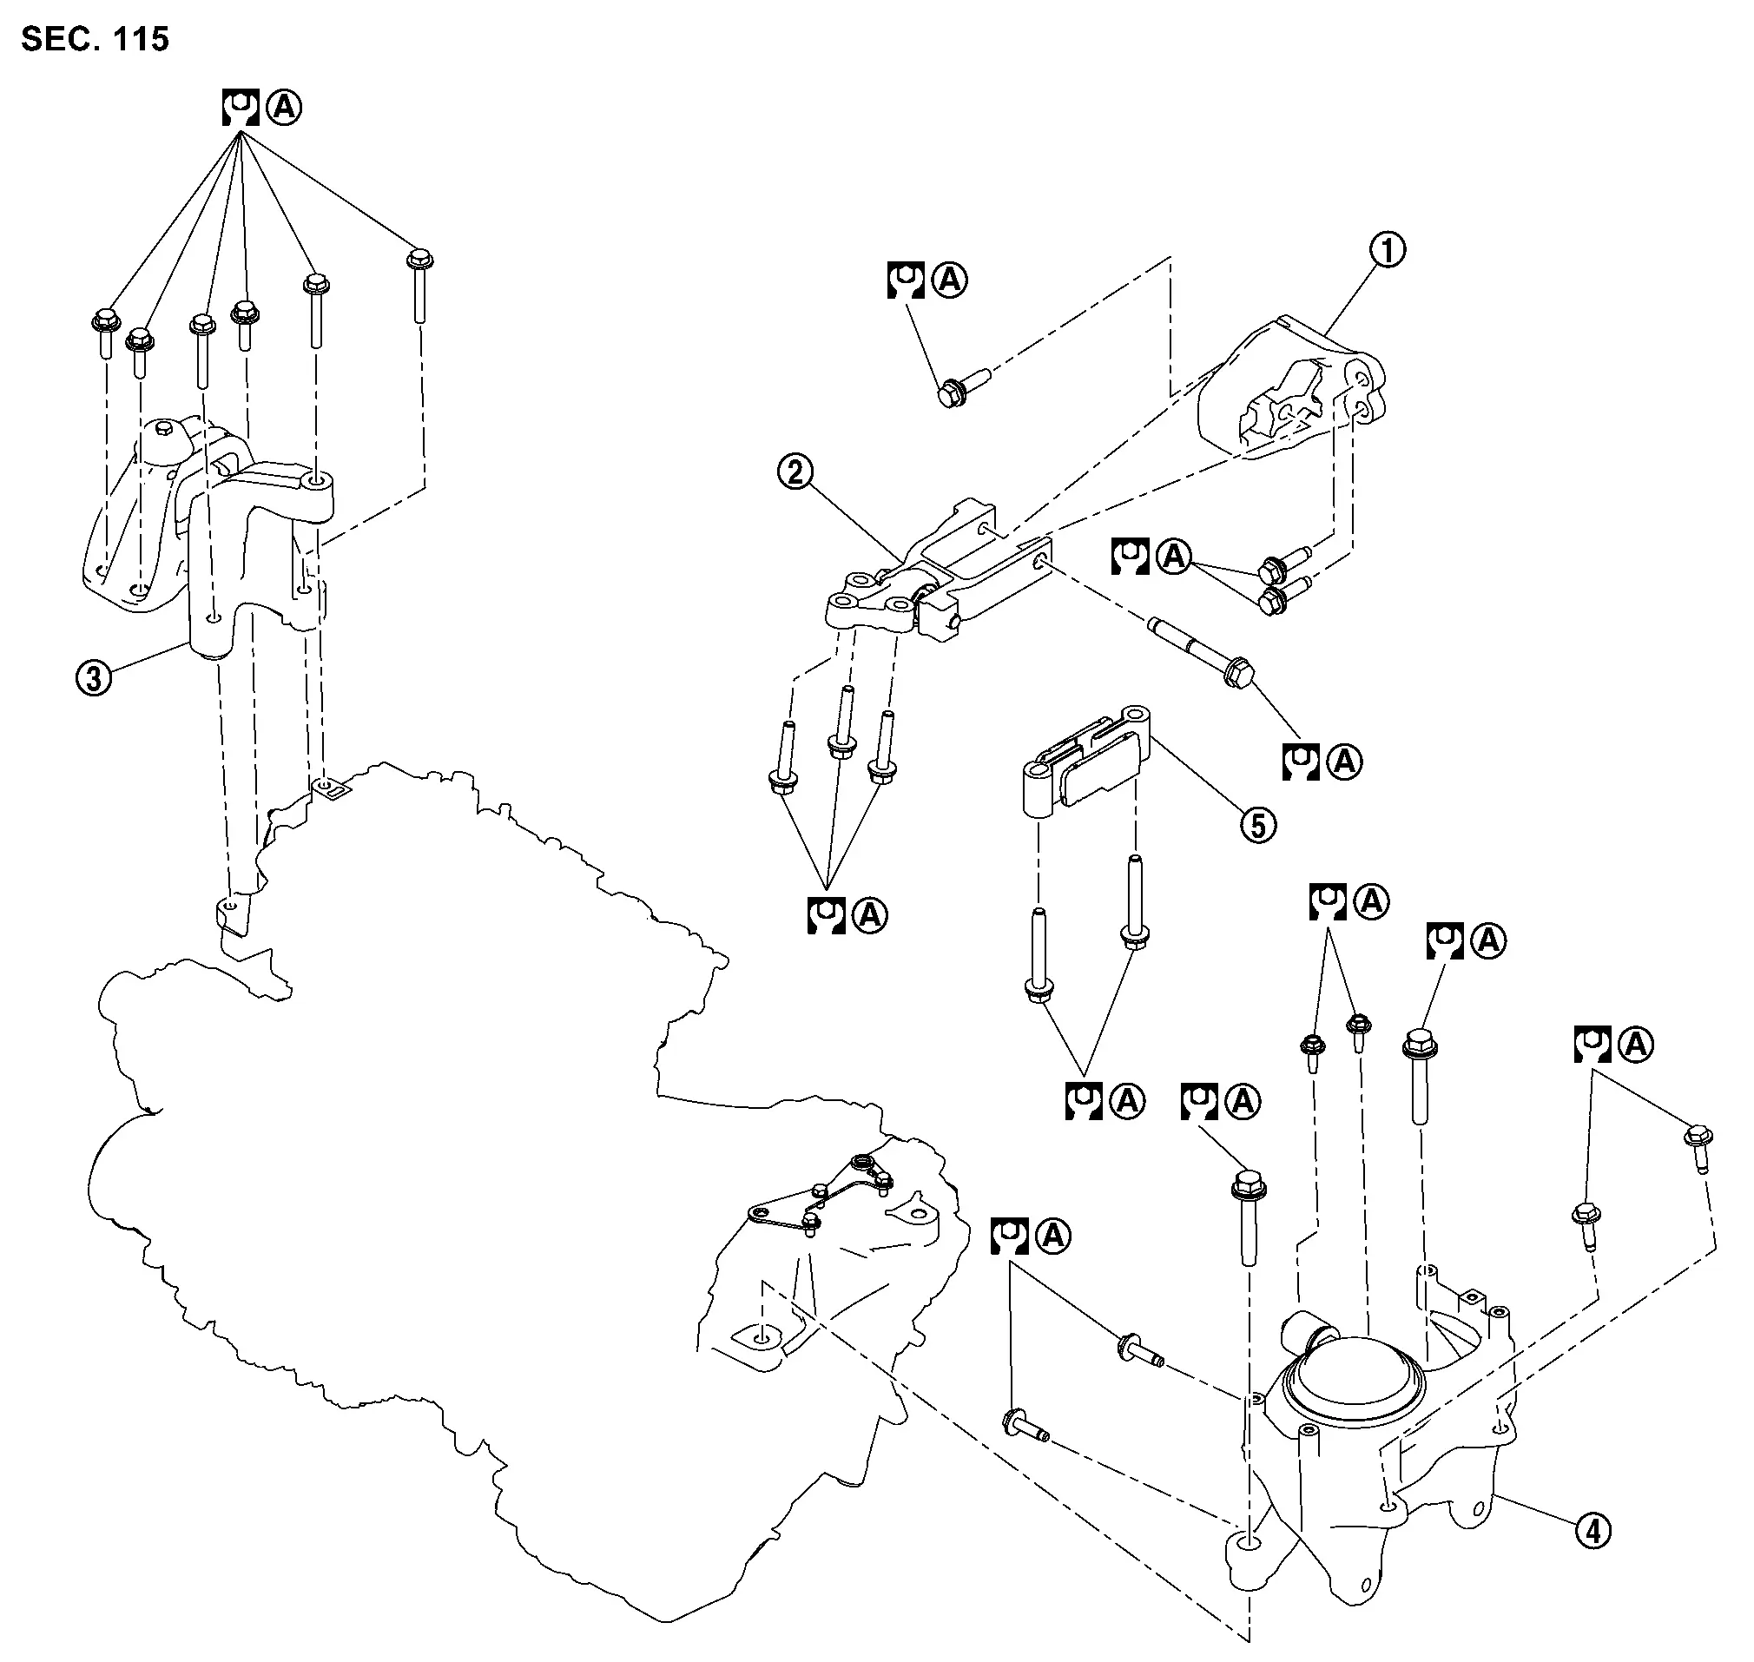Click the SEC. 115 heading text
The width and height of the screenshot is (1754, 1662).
95,39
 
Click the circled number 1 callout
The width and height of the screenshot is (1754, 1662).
1388,251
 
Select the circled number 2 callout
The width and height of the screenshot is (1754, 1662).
795,472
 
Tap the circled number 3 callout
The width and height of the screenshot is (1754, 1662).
94,679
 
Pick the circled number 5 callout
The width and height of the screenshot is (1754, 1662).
1258,826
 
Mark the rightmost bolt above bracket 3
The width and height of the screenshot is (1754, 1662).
419,288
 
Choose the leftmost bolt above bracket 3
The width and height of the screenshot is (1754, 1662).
103,333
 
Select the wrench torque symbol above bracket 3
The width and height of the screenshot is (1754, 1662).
239,108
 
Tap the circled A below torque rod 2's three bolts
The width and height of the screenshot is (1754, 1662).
869,915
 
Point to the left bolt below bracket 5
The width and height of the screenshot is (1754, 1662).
1037,957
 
